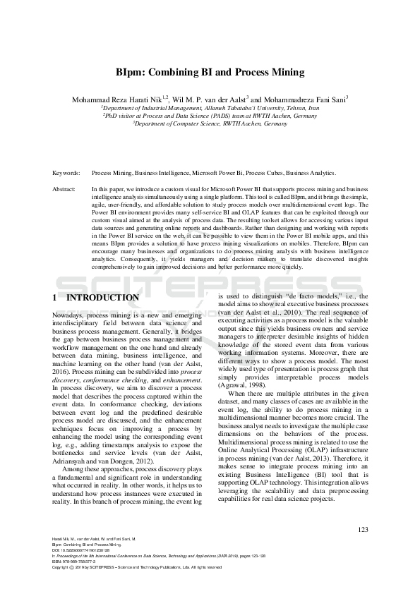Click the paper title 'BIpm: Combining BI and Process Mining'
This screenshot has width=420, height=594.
click(x=210, y=72)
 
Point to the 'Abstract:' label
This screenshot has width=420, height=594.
click(x=64, y=190)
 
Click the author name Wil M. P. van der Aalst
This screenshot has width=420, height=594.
click(x=210, y=99)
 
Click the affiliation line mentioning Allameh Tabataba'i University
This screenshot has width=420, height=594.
click(x=210, y=108)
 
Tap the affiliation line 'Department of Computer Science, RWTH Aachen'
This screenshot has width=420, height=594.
click(x=210, y=123)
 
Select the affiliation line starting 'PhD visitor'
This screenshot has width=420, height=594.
click(x=210, y=116)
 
